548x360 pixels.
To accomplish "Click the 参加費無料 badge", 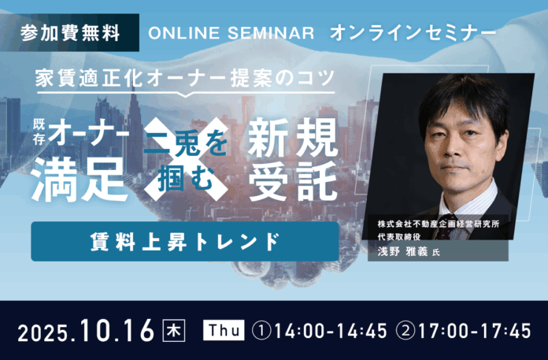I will click(71, 34).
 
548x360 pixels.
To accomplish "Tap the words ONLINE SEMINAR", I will click(232, 34).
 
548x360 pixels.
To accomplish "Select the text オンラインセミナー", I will click(413, 34).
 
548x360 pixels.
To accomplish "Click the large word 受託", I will click(293, 179).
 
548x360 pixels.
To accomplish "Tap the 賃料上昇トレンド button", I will click(184, 241).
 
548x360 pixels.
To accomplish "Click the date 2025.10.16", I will click(85, 330).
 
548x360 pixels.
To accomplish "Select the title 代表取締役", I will click(399, 238).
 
